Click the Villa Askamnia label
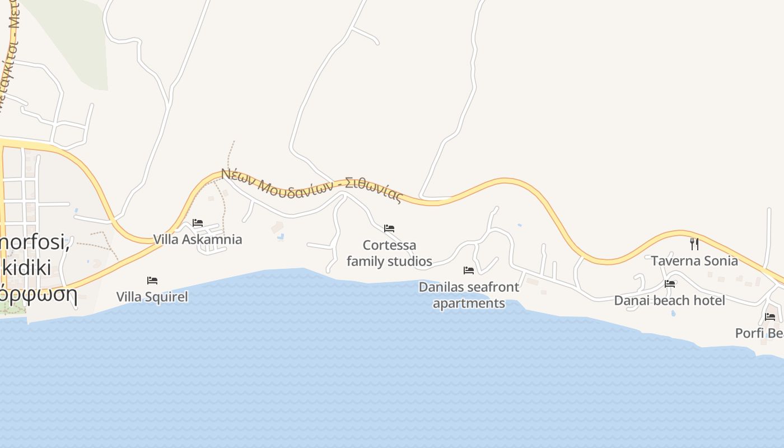198,240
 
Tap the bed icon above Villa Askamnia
198,223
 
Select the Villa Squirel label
152,297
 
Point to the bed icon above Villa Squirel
152,280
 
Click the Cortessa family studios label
389,253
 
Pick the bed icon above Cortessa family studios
389,228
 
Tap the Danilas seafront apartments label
469,295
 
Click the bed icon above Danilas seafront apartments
469,270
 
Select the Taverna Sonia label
694,261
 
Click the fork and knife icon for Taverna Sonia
694,244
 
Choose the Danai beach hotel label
669,301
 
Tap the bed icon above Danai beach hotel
670,283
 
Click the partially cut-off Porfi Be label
759,333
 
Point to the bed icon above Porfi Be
770,317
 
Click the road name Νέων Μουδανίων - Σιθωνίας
311,185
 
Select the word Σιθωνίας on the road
374,189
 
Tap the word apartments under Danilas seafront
469,304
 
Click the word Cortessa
389,245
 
